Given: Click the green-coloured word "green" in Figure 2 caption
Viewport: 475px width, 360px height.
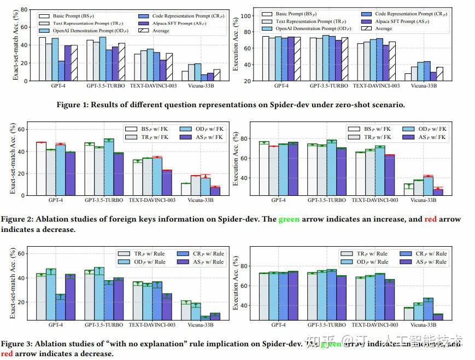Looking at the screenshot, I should (289, 219).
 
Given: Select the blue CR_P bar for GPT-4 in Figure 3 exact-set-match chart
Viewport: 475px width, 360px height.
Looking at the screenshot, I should (60, 305).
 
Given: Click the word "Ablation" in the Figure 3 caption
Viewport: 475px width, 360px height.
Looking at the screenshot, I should (51, 344).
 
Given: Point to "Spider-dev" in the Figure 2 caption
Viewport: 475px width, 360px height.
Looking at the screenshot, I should (249, 219).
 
